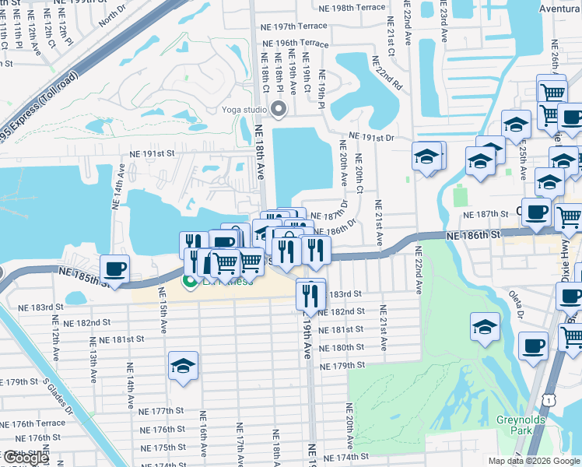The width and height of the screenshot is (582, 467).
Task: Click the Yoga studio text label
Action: pos(244,108)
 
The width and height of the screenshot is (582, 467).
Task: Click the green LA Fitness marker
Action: pos(188,281)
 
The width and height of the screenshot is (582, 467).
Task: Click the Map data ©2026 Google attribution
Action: pos(534,461)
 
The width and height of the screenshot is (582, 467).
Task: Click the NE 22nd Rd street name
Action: pos(386,72)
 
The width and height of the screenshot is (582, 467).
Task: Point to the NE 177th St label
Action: pos(162,410)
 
